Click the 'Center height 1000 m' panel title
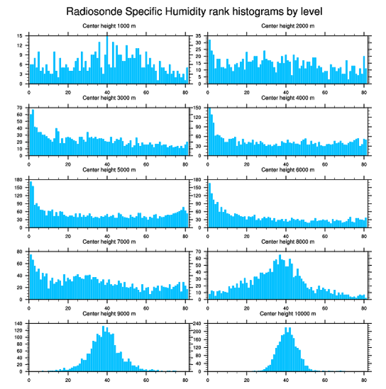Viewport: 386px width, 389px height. (109, 25)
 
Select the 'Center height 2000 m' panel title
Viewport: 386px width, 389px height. (288, 25)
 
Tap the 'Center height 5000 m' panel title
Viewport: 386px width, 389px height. (109, 169)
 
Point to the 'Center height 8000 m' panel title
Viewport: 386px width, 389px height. (288, 242)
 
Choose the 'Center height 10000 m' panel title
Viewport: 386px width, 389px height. (288, 313)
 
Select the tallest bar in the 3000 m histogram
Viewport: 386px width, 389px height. (33, 132)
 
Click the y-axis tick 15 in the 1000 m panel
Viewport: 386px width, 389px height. (20, 36)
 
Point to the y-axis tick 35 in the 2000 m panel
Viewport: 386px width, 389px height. (199, 36)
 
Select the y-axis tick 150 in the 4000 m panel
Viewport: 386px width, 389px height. (198, 108)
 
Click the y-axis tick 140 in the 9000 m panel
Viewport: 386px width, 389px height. (19, 323)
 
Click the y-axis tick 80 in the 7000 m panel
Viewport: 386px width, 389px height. (20, 252)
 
